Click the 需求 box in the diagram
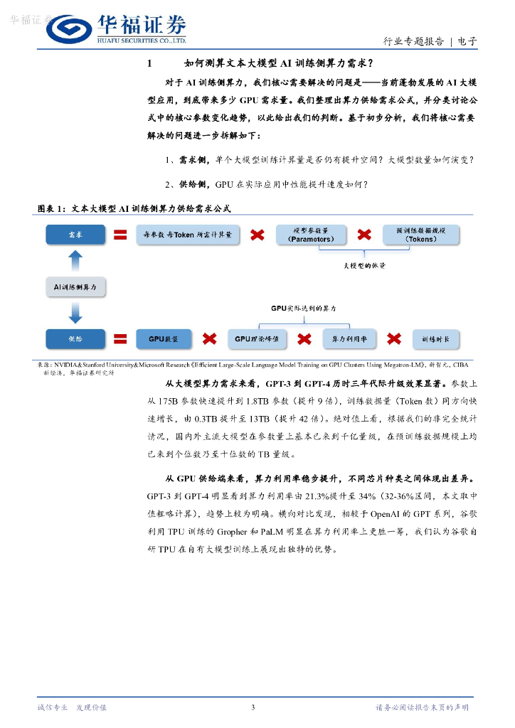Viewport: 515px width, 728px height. pos(75,235)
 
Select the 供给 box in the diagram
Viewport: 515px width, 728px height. pos(75,339)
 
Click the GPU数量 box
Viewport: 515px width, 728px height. pos(163,339)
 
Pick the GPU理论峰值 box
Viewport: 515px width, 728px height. pos(257,339)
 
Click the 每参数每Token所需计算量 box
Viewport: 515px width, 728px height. pos(192,235)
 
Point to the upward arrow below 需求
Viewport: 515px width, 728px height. pos(76,258)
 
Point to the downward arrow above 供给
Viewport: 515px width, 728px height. pos(76,313)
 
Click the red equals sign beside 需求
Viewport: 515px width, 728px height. pos(120,235)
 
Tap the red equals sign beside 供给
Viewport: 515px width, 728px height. pos(120,339)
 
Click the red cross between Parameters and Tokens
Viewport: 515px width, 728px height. pos(364,235)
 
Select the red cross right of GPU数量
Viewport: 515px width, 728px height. pos(209,339)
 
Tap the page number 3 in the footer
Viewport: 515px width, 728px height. pos(253,707)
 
